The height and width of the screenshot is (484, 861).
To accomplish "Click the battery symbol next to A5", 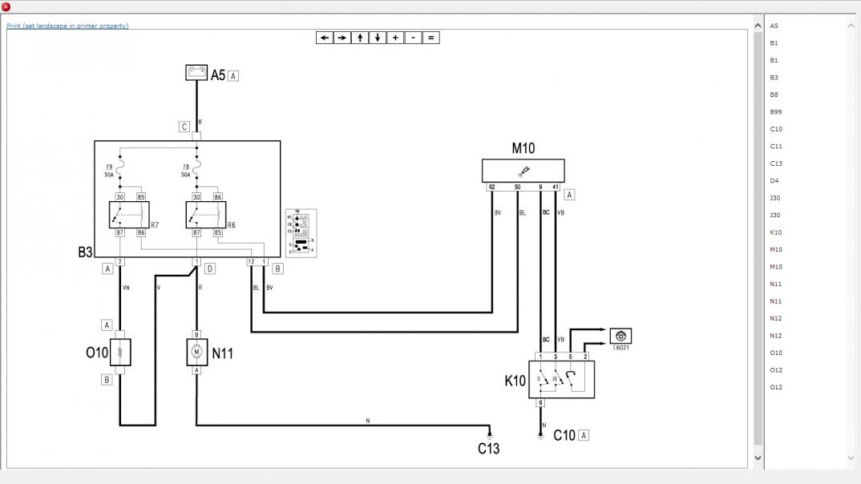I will [x=196, y=73].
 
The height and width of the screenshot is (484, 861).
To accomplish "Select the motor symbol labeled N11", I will [x=196, y=352].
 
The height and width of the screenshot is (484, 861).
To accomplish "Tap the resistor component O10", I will [x=119, y=352].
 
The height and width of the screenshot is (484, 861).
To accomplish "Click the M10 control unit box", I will [x=523, y=171].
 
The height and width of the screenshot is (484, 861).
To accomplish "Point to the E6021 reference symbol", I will [x=620, y=336].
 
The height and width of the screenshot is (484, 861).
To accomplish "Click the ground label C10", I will [x=564, y=436].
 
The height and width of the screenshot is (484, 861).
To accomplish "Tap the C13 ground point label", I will [x=489, y=448].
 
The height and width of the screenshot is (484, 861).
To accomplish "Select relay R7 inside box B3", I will [x=129, y=215].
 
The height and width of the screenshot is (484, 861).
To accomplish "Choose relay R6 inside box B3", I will [x=206, y=215].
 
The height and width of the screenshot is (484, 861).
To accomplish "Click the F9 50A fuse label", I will [x=108, y=171].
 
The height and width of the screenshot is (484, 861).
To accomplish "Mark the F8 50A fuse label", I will [x=185, y=171].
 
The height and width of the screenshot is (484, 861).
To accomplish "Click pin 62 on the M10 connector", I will [x=491, y=187].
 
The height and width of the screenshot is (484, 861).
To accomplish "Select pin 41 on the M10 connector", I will [x=556, y=187].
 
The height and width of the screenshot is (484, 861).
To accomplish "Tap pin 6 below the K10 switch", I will [x=540, y=403].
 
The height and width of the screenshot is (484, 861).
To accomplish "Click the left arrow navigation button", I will [x=324, y=38].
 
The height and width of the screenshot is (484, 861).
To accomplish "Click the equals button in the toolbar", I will [x=430, y=38].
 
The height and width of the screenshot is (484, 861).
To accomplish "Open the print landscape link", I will [x=67, y=26].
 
